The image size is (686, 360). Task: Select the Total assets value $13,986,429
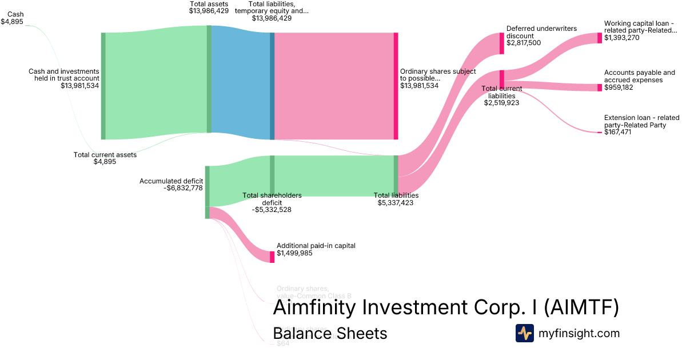pos(209,11)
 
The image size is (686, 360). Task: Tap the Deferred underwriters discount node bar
pos(502,43)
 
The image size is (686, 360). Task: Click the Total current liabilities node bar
pos(502,79)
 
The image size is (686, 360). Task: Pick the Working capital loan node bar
pos(600,38)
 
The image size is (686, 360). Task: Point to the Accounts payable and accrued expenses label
pos(639,77)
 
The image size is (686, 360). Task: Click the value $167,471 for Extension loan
pos(619,132)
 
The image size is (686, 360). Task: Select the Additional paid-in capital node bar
pos(272,257)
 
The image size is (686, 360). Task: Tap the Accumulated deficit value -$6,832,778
pos(183,188)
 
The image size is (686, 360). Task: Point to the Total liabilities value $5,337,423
pos(395,202)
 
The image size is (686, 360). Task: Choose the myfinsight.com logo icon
pos(524,333)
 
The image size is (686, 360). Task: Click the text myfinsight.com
pos(579,333)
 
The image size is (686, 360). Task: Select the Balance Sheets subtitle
pos(330,333)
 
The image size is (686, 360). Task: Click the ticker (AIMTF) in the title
pos(581,307)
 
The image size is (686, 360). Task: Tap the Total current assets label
pos(105,155)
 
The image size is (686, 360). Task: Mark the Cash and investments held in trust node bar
pos(103,86)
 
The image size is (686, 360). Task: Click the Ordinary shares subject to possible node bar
pos(396,86)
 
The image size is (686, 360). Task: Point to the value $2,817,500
pos(524,43)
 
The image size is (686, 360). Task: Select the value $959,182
pos(619,87)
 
